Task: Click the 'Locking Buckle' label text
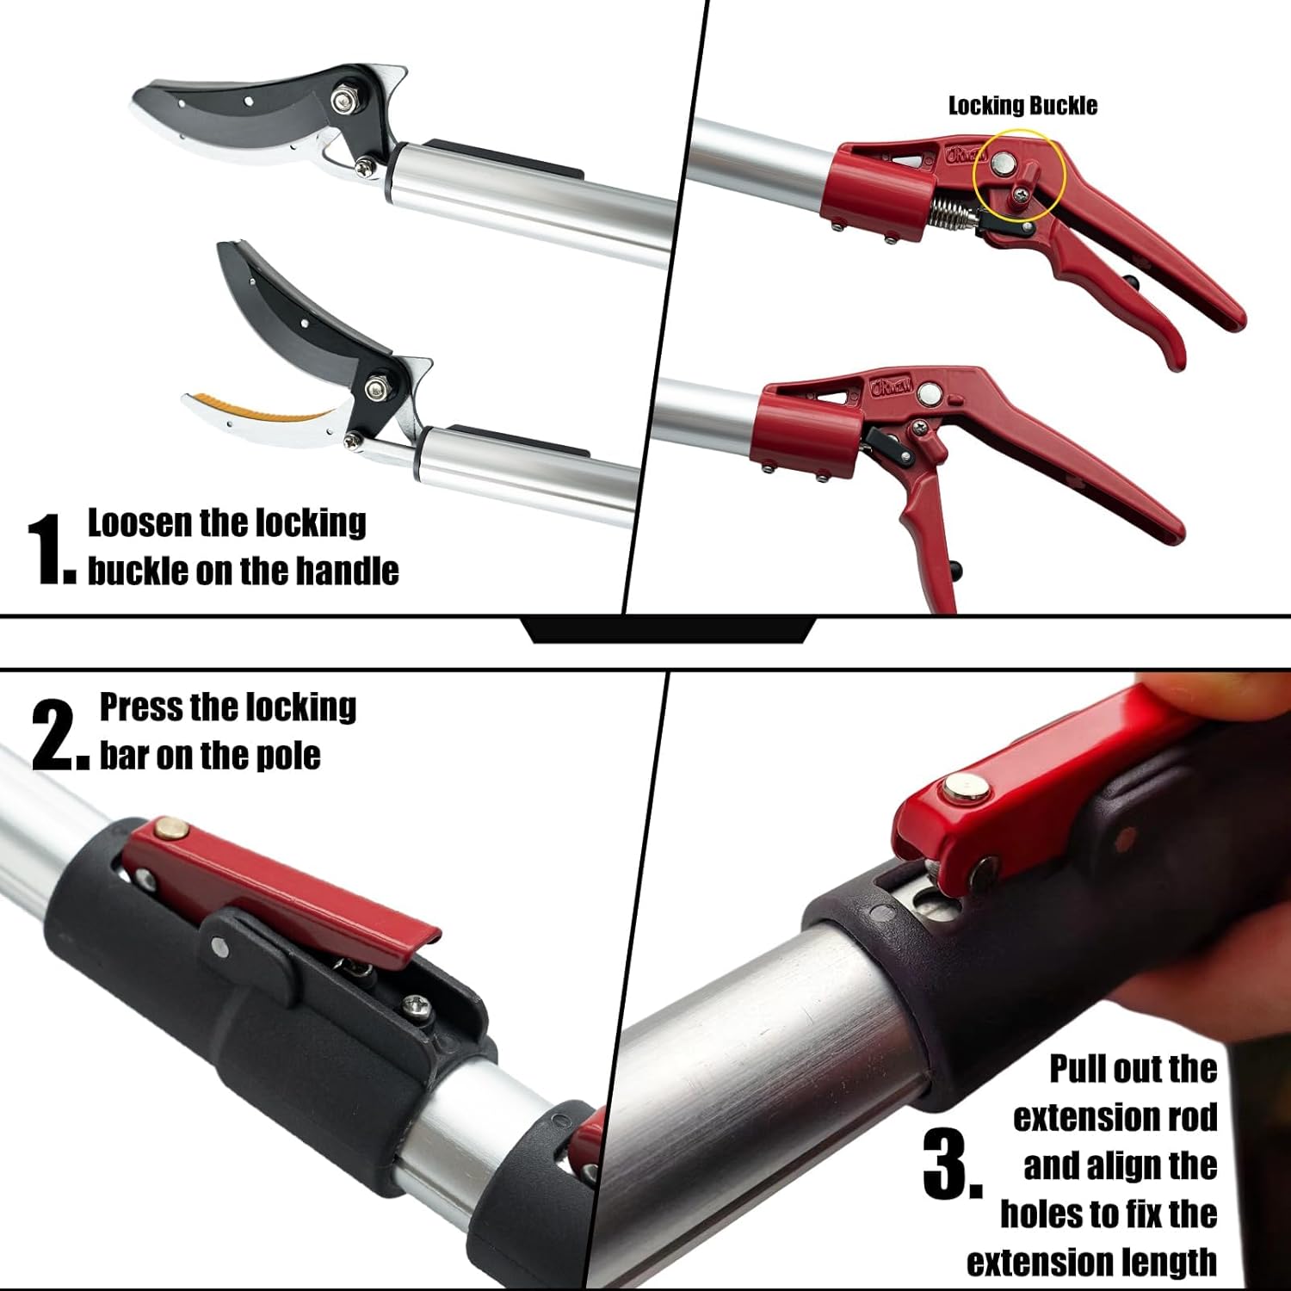point(1022,106)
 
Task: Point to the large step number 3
point(951,1166)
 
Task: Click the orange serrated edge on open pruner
point(258,409)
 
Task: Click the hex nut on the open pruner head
point(376,389)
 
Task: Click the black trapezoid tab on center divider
point(669,630)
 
